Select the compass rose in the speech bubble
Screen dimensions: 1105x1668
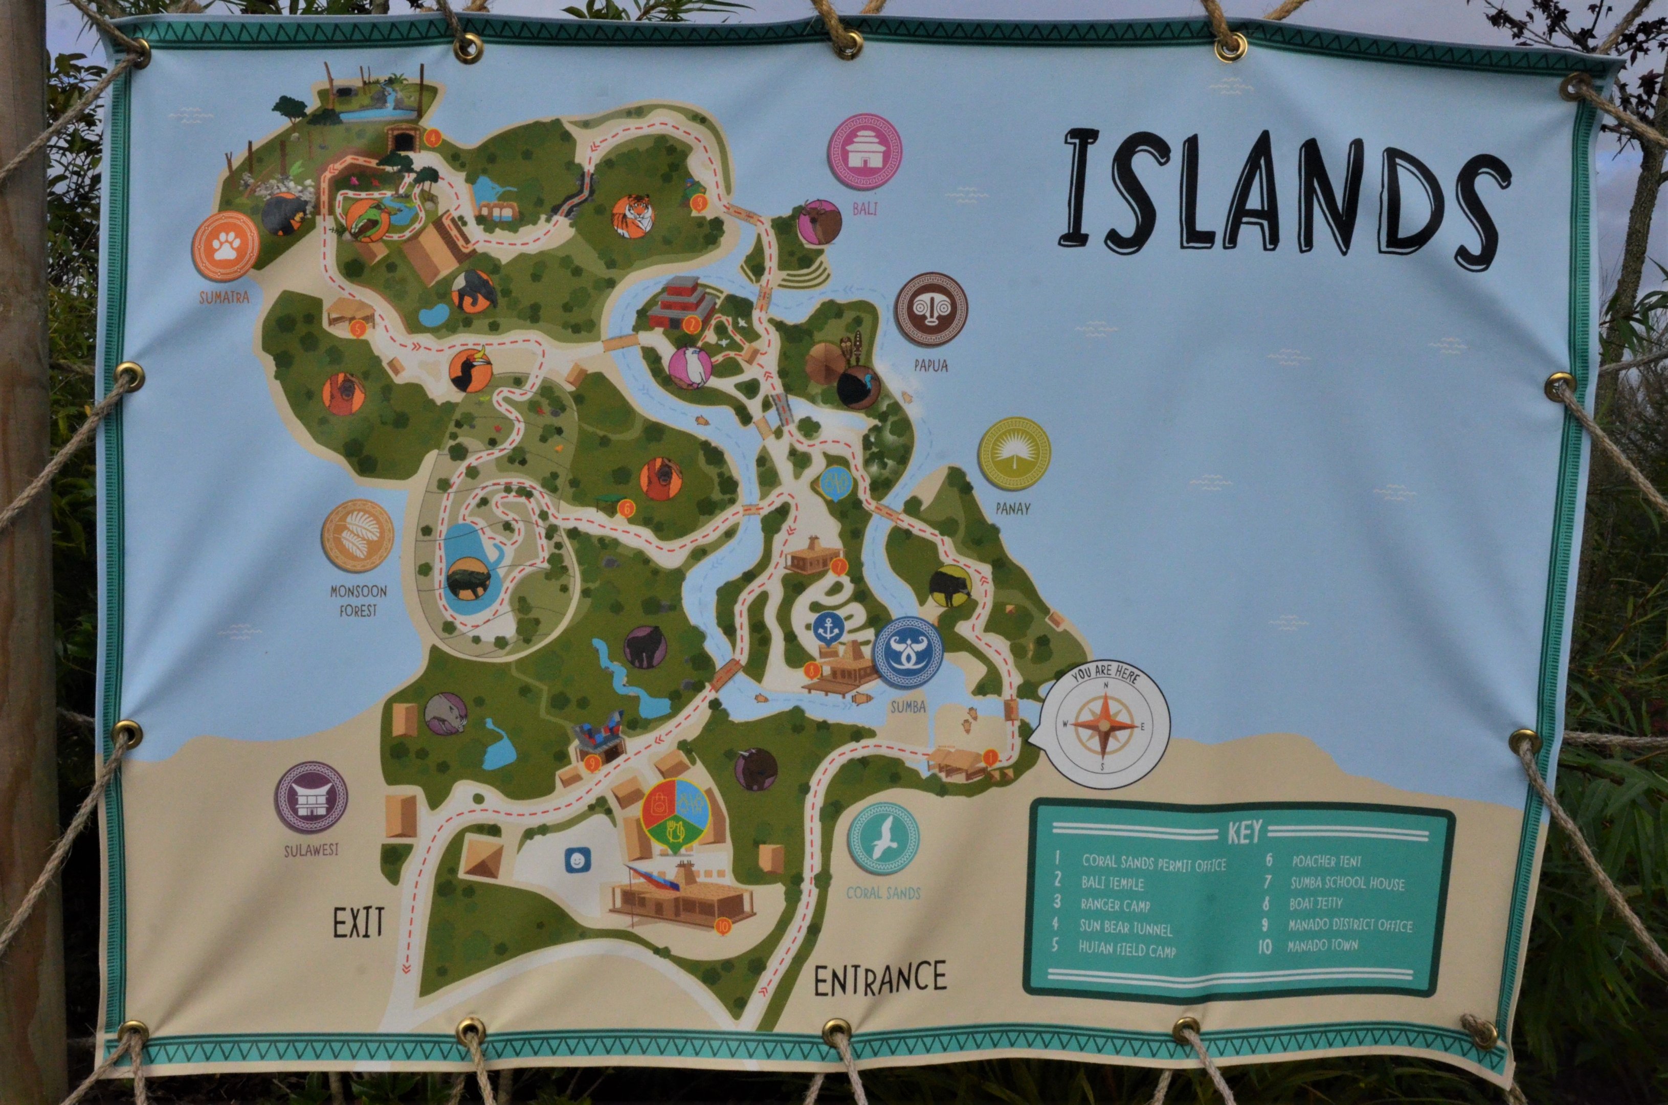[x=1104, y=725]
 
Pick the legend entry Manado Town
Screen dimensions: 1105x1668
[x=1323, y=945]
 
